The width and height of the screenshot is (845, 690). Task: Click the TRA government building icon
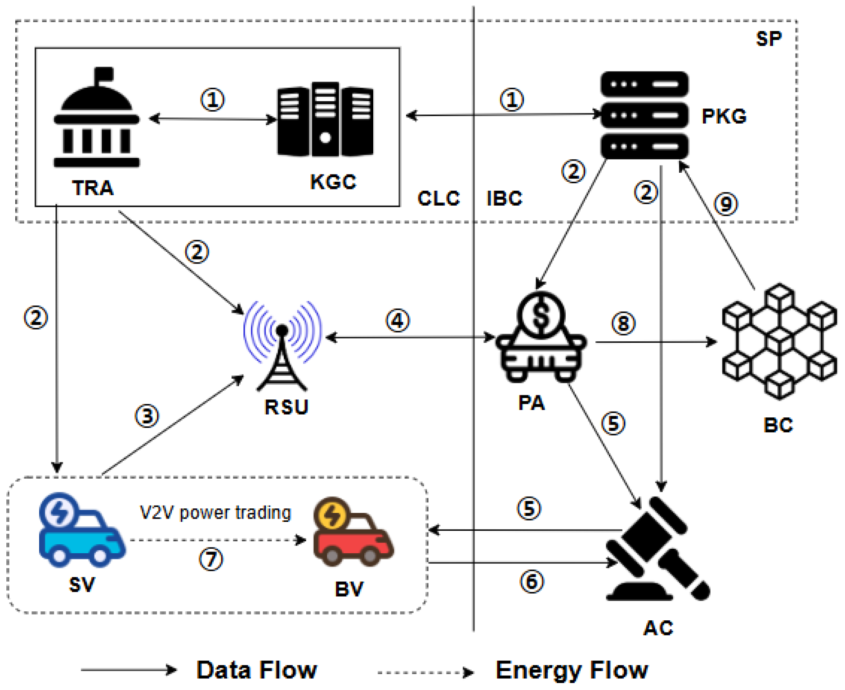(96, 119)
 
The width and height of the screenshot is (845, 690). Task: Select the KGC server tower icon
(325, 120)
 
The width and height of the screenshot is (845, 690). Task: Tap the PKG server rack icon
(644, 115)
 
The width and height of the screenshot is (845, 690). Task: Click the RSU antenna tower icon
(282, 346)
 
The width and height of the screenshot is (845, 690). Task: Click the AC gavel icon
(657, 551)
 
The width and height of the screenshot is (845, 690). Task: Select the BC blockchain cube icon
(779, 342)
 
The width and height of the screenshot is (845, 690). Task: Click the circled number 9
(726, 204)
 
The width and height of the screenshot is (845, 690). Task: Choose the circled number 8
(623, 323)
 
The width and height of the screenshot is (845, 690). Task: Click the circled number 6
(532, 582)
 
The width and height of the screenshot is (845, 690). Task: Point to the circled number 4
(398, 321)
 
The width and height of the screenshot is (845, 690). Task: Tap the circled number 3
(147, 416)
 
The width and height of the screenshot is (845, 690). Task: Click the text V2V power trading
(215, 513)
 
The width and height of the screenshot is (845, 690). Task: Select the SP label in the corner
(768, 39)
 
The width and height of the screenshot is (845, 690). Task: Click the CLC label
(438, 198)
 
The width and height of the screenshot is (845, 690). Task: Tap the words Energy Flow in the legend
(572, 670)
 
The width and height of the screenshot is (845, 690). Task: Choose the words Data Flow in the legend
(257, 670)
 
